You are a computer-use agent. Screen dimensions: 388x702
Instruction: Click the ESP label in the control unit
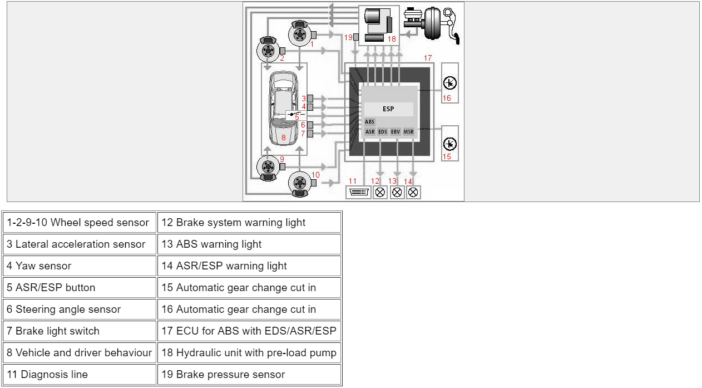pos(388,109)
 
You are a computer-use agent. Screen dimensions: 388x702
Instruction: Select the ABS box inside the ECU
pos(370,122)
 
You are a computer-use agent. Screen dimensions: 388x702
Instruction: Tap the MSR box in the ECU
pos(409,132)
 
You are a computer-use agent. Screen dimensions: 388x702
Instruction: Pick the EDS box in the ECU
pos(383,132)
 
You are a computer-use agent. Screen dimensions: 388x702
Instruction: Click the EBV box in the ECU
pos(396,132)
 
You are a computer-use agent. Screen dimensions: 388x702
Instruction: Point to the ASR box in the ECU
pos(370,132)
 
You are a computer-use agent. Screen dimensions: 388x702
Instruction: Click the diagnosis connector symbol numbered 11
pos(357,193)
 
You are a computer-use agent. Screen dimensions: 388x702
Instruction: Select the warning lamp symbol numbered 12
pos(380,193)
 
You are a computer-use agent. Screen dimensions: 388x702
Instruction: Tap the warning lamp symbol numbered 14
pos(413,193)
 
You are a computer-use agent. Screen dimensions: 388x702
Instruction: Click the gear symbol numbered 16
pos(450,84)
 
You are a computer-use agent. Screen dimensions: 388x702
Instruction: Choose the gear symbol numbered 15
pos(450,144)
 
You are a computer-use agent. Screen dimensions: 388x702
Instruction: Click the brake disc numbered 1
pos(300,35)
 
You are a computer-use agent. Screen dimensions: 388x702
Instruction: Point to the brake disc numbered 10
pos(300,183)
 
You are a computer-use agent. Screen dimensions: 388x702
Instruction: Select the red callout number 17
pos(428,58)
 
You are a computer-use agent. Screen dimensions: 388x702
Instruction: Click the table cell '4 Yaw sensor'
pos(80,266)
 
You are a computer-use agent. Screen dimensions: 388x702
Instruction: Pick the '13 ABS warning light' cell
pos(249,244)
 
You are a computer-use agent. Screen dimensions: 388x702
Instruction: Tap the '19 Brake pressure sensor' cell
pos(249,374)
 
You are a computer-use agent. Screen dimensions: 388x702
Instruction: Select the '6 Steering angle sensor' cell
pos(80,309)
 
